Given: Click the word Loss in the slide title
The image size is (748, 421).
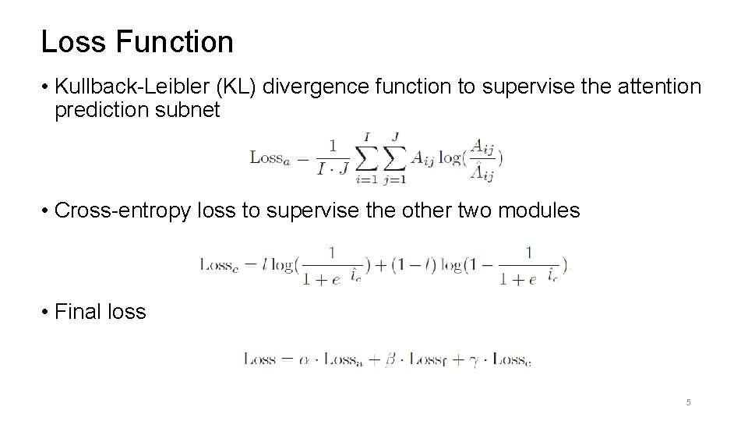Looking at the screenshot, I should (x=72, y=42).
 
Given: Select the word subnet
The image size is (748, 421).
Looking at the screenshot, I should (x=195, y=111).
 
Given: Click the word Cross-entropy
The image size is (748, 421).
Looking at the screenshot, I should (x=122, y=210).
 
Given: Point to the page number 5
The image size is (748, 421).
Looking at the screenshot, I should (x=688, y=402).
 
